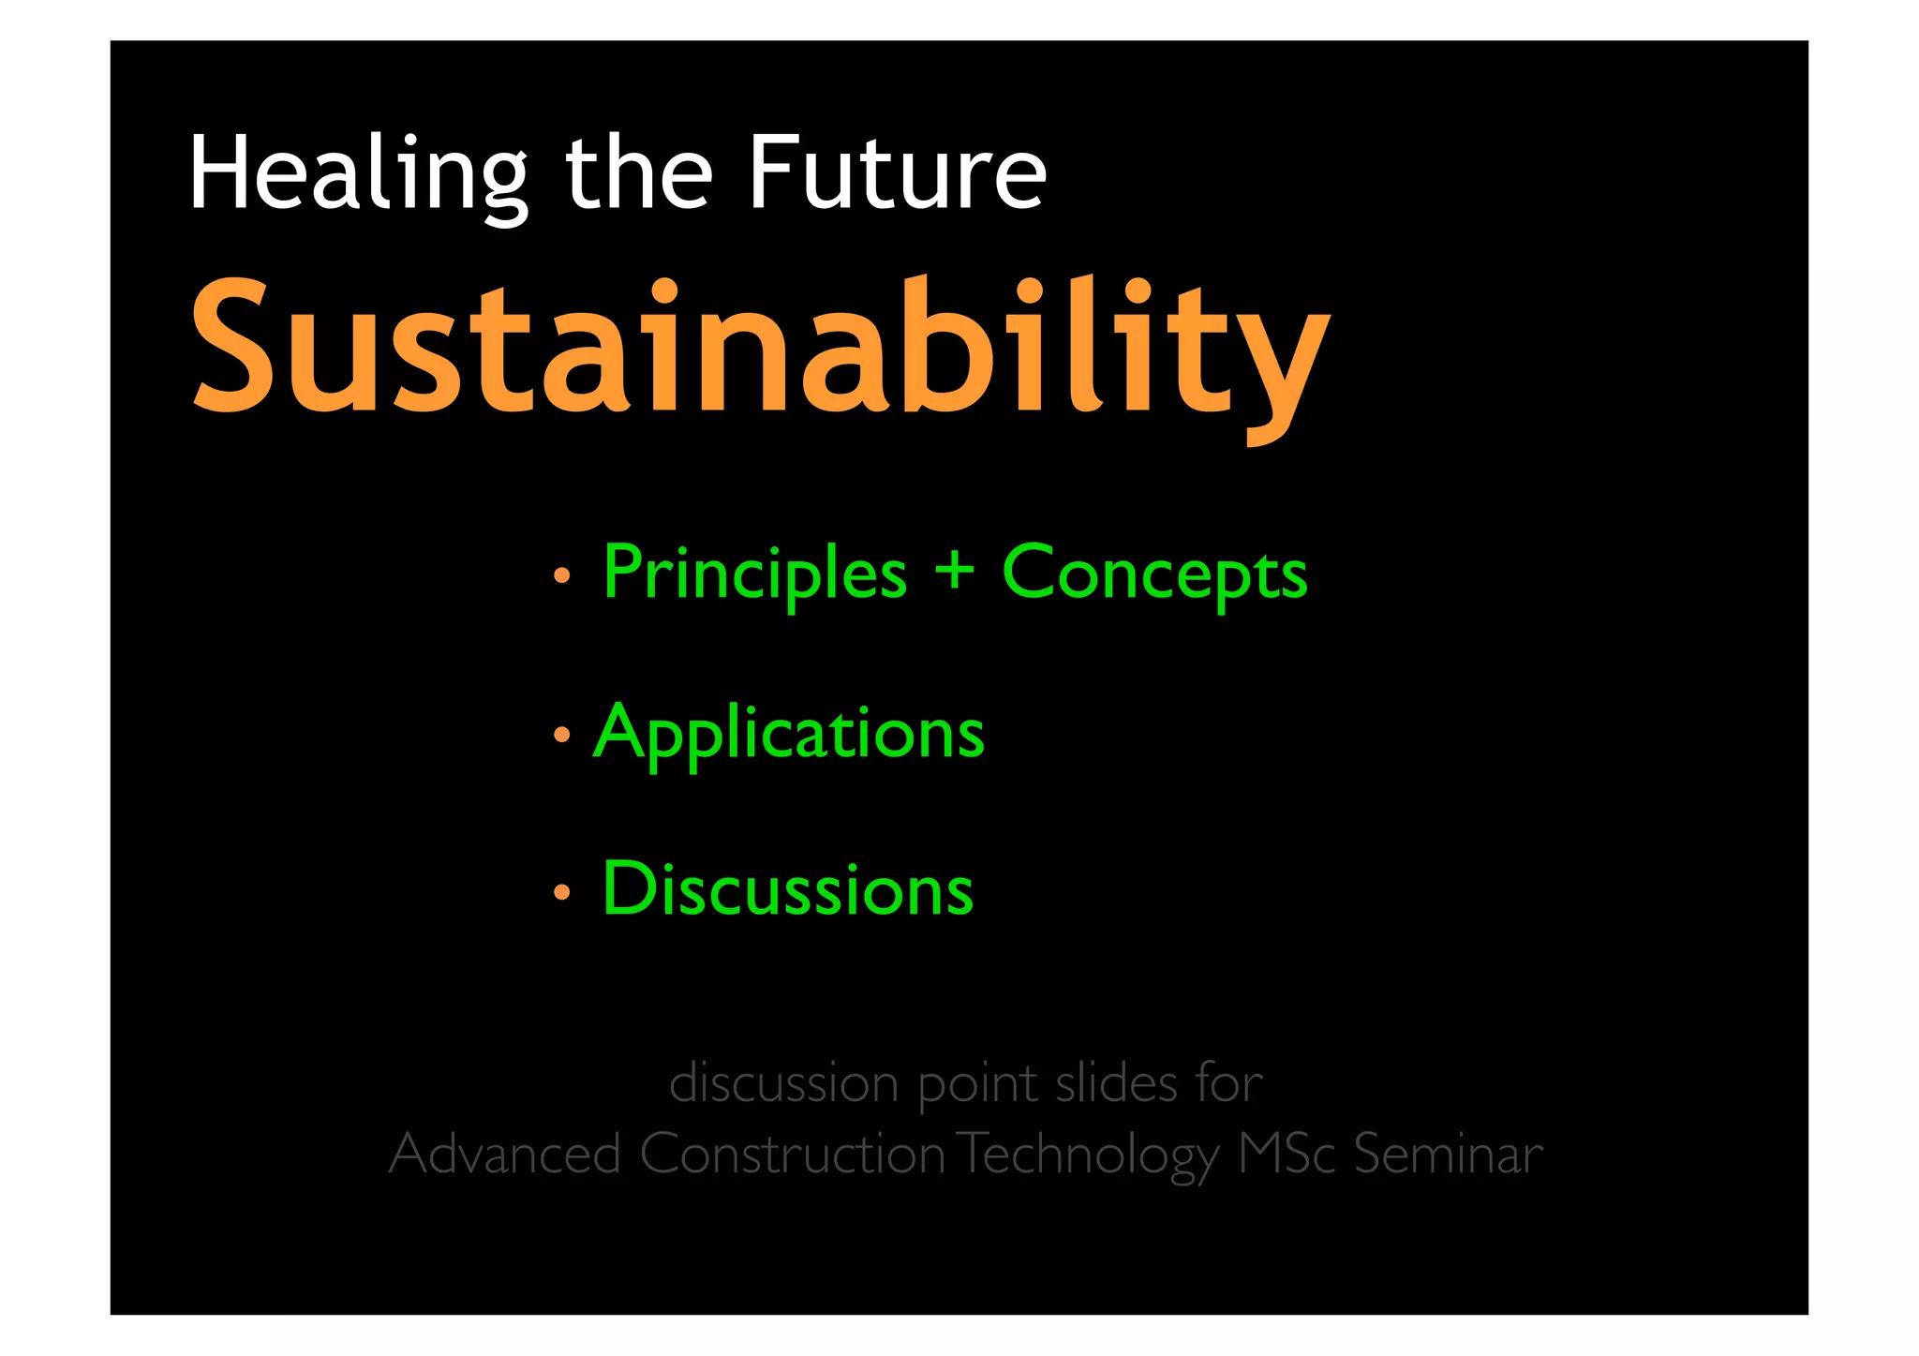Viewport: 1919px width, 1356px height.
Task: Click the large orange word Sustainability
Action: click(x=760, y=349)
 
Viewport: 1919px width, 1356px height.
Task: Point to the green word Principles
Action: click(x=755, y=573)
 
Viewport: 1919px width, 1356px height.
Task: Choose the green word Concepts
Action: click(x=1154, y=573)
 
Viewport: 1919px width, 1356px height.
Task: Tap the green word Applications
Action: click(x=789, y=734)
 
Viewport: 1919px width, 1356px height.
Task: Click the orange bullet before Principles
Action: click(x=561, y=576)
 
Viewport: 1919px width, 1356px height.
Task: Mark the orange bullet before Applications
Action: click(x=561, y=736)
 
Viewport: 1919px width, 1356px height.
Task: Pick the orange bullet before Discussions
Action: click(x=561, y=893)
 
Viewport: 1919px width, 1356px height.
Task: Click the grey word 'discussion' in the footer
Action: click(x=783, y=1083)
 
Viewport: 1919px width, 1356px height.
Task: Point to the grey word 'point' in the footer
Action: click(x=977, y=1085)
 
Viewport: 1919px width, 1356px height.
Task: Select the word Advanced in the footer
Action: click(x=505, y=1154)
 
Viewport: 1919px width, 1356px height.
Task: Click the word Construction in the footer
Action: click(x=793, y=1154)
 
